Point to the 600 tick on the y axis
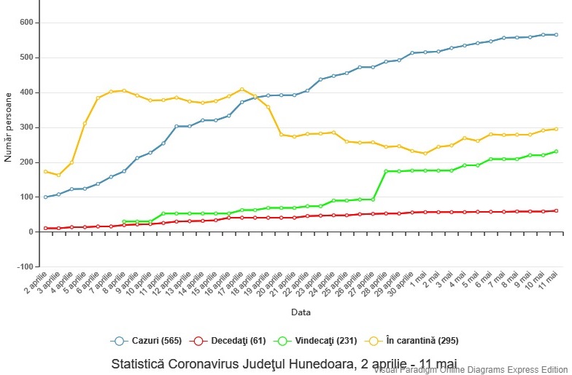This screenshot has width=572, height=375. tap(26, 23)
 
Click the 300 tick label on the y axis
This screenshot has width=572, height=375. tap(26, 127)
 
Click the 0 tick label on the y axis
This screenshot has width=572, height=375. tap(31, 232)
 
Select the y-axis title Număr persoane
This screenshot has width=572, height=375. tap(8, 127)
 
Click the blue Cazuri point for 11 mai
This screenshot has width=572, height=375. tap(556, 34)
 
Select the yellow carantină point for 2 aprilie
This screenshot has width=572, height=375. tap(46, 172)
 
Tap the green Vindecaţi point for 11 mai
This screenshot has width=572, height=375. tap(556, 151)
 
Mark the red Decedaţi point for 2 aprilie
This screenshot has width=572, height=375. tap(46, 228)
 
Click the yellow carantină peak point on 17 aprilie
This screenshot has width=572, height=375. tap(242, 90)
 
